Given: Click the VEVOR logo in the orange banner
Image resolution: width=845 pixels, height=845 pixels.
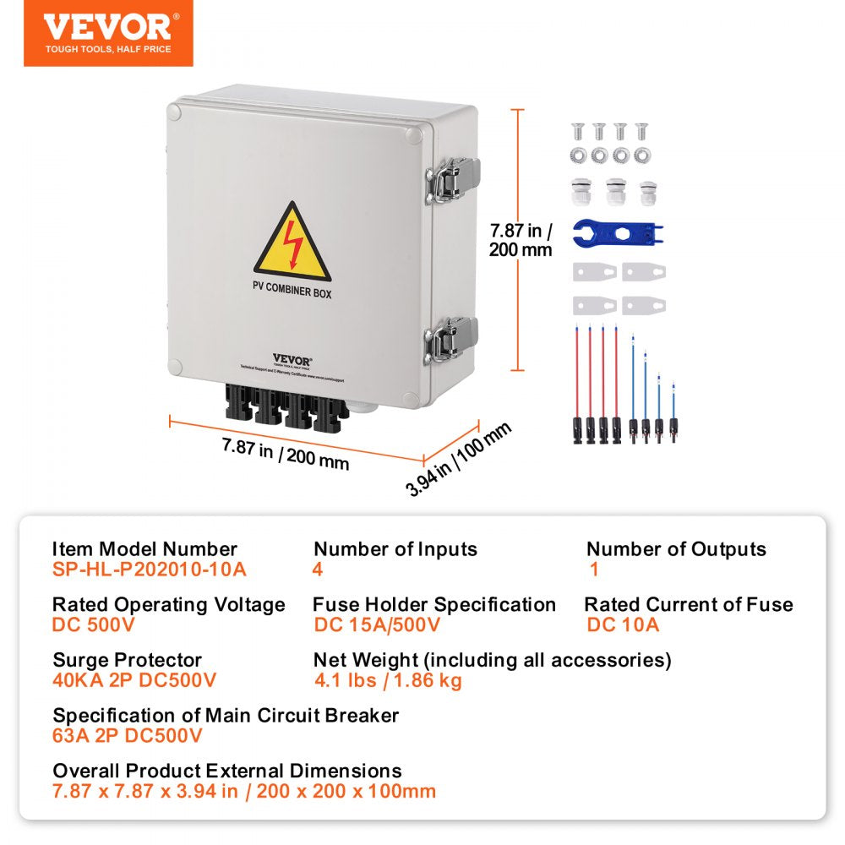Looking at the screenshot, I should click(x=107, y=27).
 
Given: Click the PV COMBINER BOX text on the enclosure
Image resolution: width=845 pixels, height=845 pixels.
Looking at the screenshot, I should click(x=292, y=294).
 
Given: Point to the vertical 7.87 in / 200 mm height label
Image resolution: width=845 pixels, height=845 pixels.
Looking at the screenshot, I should click(x=521, y=239).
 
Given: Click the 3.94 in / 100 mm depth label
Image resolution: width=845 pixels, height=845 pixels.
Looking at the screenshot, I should click(x=460, y=460).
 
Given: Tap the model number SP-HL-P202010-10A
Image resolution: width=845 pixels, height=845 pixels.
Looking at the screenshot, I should click(x=150, y=569).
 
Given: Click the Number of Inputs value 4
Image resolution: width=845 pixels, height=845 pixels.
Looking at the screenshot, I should click(x=318, y=569).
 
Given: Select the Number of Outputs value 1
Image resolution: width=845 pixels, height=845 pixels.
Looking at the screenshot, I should click(x=593, y=569).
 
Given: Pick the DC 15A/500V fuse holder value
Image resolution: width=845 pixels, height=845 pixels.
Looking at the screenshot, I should click(x=377, y=625).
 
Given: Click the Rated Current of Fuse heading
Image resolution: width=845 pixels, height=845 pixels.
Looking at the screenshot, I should click(x=689, y=604).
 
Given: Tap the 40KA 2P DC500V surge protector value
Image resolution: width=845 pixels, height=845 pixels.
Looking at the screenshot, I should click(x=134, y=680).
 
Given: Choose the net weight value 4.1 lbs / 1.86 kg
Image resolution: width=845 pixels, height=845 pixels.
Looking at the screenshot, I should click(x=388, y=680).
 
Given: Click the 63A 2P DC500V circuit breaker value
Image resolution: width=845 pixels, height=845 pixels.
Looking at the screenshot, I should click(x=128, y=735).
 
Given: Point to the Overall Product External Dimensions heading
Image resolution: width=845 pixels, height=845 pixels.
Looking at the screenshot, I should click(x=227, y=771).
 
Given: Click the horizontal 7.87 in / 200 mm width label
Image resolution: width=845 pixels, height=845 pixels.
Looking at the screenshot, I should click(x=285, y=455).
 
